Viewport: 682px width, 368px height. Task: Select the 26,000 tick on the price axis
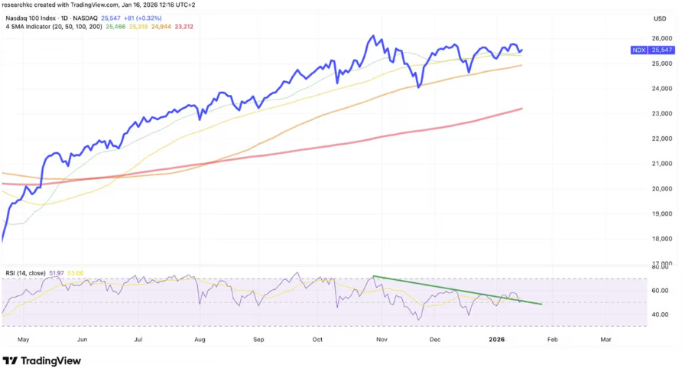coord(661,38)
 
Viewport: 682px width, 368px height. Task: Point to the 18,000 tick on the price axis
coord(661,239)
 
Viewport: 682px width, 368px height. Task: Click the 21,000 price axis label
coord(661,164)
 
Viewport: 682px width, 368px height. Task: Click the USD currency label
coord(660,18)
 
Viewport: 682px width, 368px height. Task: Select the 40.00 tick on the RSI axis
coord(661,314)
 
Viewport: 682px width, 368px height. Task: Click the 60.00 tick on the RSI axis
coord(661,291)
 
